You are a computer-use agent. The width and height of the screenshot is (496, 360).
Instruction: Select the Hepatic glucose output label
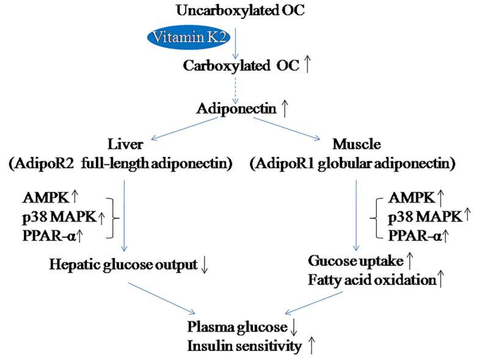click(124, 265)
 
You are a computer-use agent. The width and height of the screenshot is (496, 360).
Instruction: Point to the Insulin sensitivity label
click(243, 347)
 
